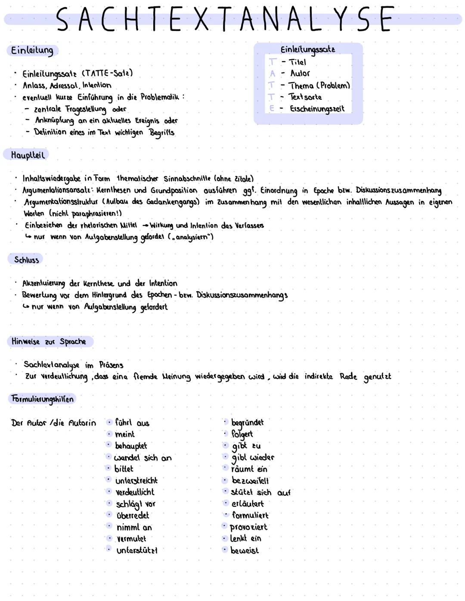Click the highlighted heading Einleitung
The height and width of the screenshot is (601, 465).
[x=32, y=50]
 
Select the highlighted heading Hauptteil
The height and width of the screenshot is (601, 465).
[x=28, y=155]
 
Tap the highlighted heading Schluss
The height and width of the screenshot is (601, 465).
[x=26, y=260]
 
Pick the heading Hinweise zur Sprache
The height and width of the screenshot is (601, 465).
[x=49, y=341]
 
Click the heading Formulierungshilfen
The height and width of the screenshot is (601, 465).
[x=42, y=399]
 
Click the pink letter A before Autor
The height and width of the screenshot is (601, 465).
[x=272, y=74]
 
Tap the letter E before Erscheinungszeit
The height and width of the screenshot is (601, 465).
[x=272, y=109]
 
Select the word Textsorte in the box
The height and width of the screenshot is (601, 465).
[x=305, y=97]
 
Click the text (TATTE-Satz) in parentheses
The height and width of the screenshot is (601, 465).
[x=107, y=73]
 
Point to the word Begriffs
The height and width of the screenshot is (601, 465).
[x=162, y=132]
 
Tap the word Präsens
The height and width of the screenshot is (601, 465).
[x=111, y=365]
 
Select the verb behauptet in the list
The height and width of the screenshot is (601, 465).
[x=131, y=446]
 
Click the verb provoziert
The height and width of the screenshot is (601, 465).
[x=248, y=527]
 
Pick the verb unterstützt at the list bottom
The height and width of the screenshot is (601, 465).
[x=137, y=551]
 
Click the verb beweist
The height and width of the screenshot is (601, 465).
[x=245, y=551]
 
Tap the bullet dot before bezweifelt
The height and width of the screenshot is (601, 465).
[x=225, y=480]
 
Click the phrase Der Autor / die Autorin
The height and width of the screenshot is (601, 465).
[x=53, y=423]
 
